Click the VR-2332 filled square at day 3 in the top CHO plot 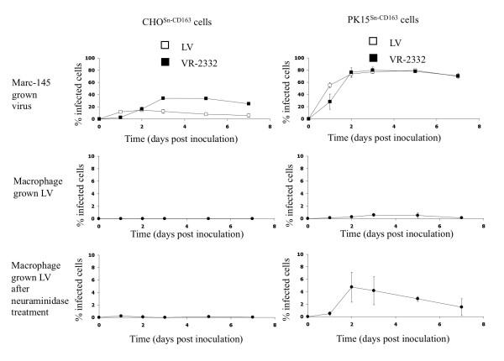[163, 98]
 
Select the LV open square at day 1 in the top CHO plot [120, 112]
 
